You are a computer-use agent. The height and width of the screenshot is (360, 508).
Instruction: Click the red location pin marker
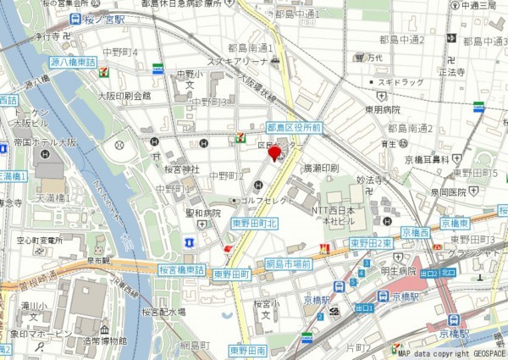coord(273,153)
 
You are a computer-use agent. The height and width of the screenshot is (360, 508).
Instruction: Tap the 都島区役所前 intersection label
coord(293,127)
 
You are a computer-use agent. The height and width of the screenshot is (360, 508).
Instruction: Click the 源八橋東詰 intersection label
coord(74,63)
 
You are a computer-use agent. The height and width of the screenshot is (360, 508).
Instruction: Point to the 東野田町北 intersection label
coord(255,223)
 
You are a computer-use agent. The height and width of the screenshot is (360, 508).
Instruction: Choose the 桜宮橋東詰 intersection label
coord(181,270)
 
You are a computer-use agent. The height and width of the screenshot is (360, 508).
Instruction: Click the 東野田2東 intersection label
coord(371,243)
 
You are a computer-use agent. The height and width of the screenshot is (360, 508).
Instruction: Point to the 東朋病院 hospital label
coord(383,108)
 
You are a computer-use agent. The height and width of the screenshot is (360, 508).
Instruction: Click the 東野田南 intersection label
coord(249,349)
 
